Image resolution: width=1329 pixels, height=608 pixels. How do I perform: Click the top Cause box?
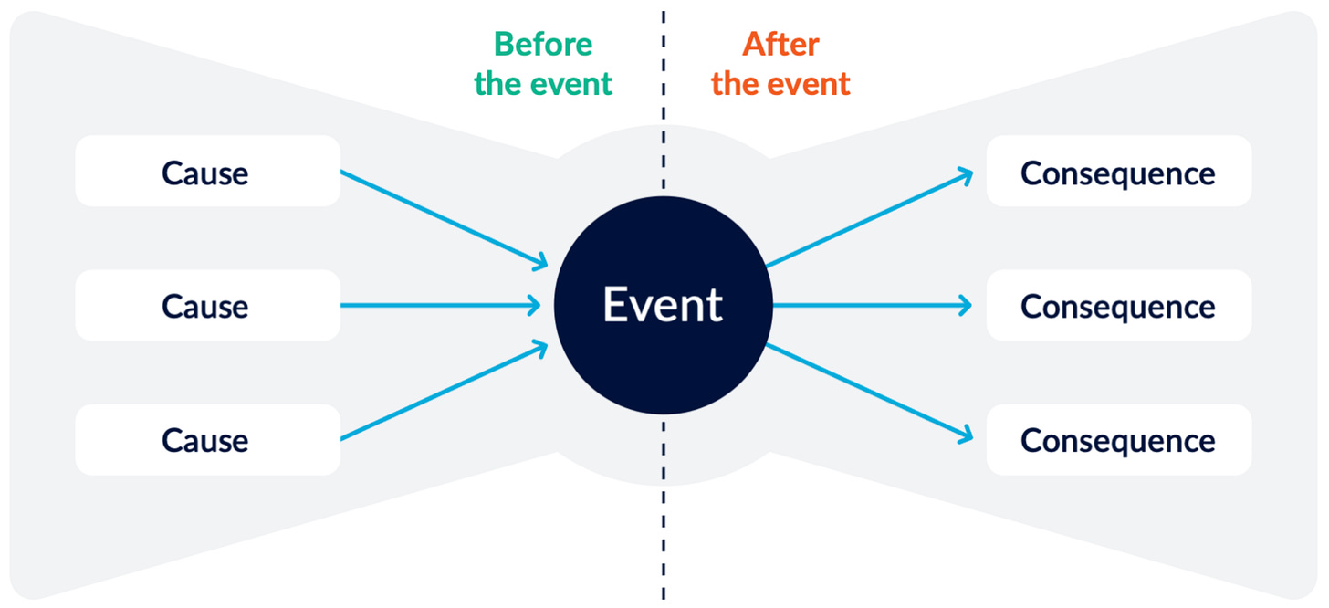tap(207, 172)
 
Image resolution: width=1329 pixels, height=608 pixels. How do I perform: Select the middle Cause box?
tap(207, 306)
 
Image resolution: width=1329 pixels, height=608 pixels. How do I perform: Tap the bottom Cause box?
tap(207, 440)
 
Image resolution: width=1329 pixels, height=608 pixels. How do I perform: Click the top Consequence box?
tap(1118, 172)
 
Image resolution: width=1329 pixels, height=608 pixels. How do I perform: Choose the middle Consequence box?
tap(1118, 306)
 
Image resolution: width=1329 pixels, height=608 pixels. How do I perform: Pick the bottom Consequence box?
tap(1118, 440)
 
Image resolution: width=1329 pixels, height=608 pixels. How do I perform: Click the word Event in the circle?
tap(663, 305)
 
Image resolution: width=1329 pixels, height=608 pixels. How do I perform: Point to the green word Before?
tap(543, 44)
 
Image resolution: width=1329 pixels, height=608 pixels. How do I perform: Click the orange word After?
tap(780, 44)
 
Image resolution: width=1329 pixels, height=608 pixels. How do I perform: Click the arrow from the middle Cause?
tap(438, 306)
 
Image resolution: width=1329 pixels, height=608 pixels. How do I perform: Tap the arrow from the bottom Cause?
tap(443, 392)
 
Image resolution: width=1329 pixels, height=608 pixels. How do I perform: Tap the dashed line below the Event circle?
tap(664, 511)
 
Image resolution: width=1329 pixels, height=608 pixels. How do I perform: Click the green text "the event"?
tap(543, 84)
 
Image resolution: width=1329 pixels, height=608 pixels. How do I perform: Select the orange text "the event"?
tap(780, 84)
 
